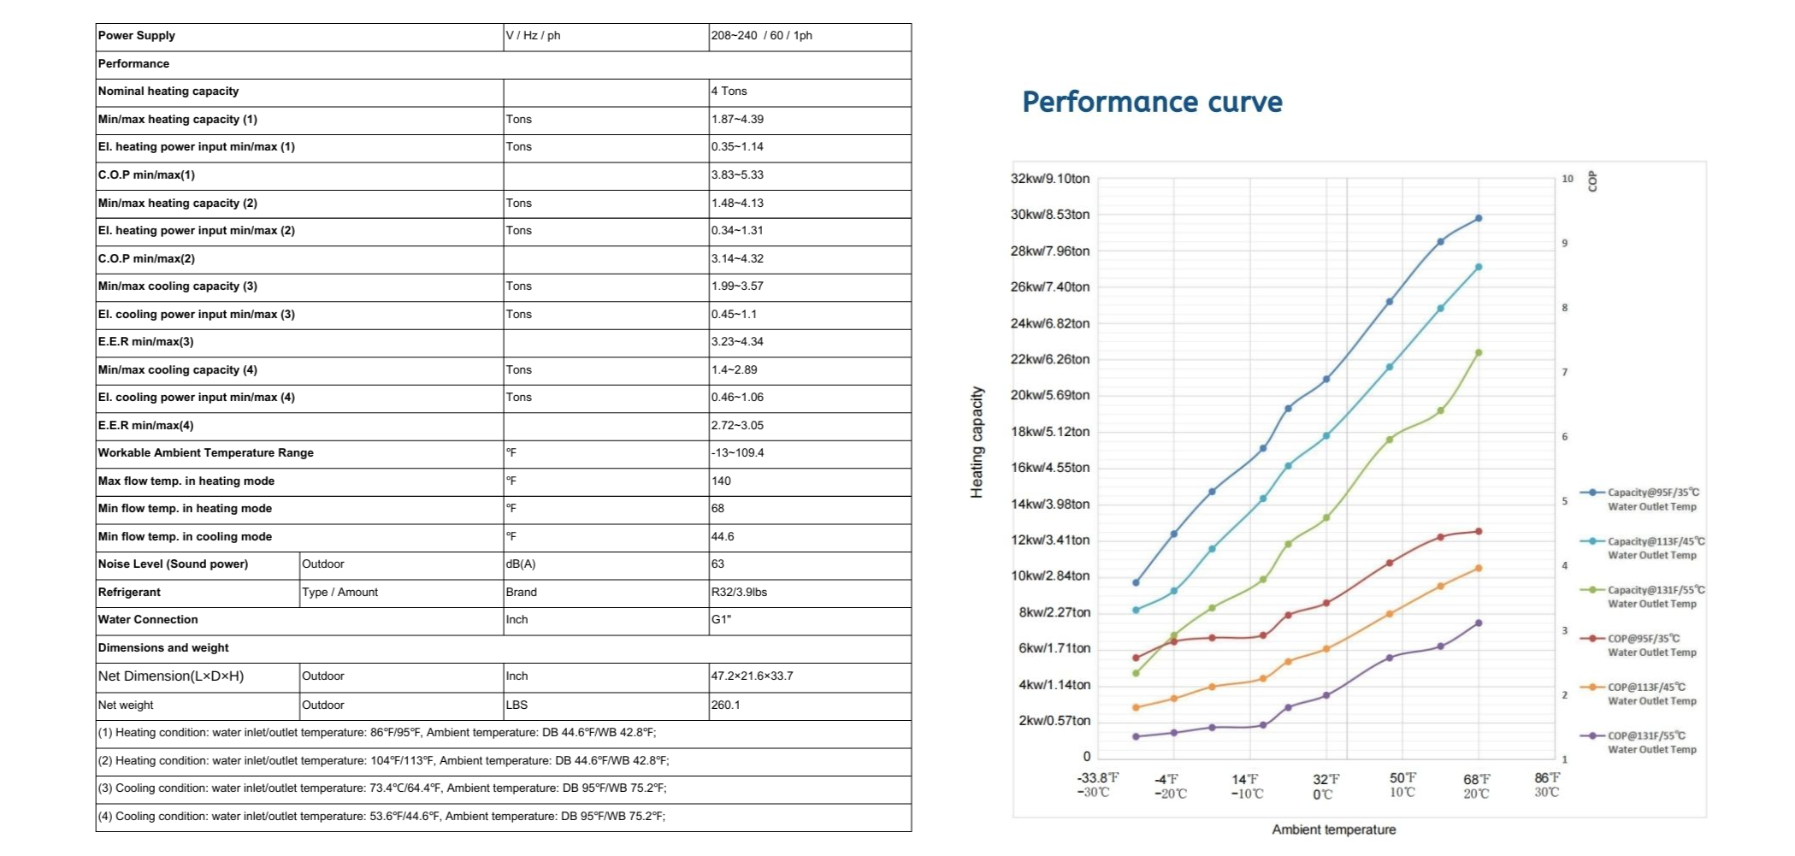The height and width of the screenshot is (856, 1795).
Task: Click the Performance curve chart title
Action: [1152, 102]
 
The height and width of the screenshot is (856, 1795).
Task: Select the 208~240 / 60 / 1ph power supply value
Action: [761, 36]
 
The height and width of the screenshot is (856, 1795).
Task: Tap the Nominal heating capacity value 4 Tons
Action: [729, 92]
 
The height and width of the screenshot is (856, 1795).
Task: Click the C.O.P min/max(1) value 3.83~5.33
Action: [737, 174]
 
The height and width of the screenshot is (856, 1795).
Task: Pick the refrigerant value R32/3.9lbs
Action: [739, 592]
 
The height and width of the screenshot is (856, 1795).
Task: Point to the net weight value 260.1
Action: [725, 705]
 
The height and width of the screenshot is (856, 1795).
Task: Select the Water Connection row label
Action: [148, 620]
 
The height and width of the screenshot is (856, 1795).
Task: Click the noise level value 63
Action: [717, 564]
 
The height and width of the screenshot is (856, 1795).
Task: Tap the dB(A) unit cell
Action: [521, 564]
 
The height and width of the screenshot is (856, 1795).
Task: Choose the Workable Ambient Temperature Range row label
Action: [206, 453]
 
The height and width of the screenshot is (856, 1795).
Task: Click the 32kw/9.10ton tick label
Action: [1050, 179]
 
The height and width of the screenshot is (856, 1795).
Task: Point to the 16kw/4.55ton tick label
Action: [1050, 468]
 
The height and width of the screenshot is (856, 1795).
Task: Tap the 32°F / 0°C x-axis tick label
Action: [1326, 787]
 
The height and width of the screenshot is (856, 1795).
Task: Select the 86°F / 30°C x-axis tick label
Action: [1547, 785]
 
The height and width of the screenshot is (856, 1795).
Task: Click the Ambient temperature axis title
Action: [1333, 829]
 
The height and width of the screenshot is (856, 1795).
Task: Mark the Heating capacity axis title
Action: [977, 442]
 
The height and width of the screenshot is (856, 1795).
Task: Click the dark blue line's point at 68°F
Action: [1479, 219]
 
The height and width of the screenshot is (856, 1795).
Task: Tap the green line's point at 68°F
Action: [1479, 352]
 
